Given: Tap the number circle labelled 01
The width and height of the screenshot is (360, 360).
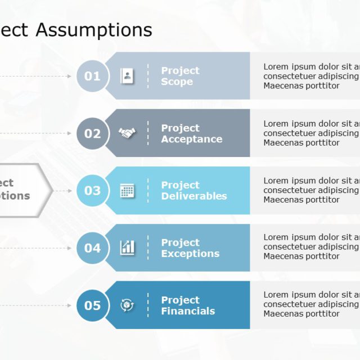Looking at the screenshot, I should click(x=92, y=76).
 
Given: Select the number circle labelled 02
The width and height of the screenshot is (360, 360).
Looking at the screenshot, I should click(x=92, y=133).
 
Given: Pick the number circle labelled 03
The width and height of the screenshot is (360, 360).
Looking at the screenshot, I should click(x=92, y=191).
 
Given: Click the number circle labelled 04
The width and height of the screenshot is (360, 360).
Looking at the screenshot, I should click(x=92, y=248).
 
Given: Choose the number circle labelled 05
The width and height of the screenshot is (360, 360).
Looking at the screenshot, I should click(x=92, y=305).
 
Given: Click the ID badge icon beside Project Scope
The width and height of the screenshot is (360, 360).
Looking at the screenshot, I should click(x=127, y=76).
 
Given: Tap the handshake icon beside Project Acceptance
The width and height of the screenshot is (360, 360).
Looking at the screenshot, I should click(x=127, y=133).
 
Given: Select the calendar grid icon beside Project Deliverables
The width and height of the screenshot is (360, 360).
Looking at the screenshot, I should click(x=127, y=191).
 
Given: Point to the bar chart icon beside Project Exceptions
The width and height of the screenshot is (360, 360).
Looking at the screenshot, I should click(x=127, y=247).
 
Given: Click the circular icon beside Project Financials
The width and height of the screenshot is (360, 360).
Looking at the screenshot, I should click(x=127, y=305).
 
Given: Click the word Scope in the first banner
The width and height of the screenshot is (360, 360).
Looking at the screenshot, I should click(x=177, y=82).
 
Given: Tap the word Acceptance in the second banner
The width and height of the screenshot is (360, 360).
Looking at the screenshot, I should click(x=191, y=139).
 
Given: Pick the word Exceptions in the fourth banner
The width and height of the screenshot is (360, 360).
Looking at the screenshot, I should click(x=190, y=254).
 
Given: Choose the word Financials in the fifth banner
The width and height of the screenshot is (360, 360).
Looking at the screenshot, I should click(x=188, y=312).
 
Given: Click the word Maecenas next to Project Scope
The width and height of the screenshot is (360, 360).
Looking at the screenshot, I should click(x=283, y=86).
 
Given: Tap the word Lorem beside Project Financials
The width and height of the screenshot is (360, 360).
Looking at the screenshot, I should click(x=276, y=295).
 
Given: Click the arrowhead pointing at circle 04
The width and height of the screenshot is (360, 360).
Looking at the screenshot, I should click(x=70, y=248).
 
